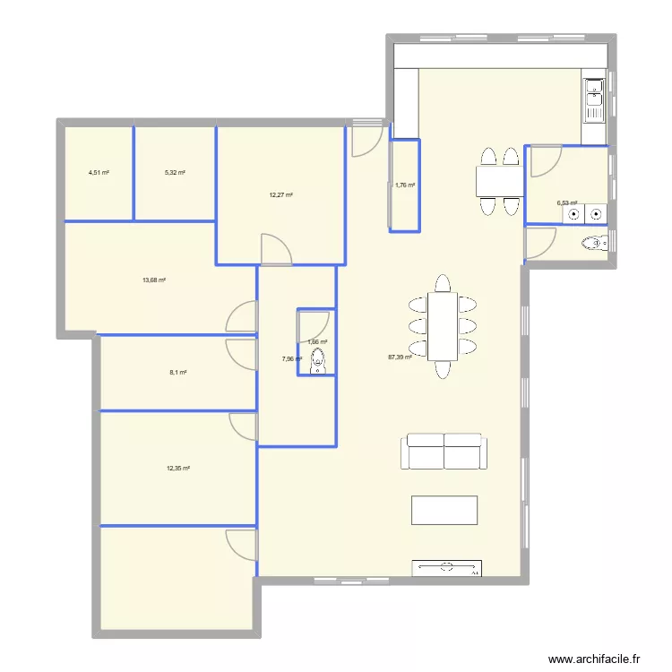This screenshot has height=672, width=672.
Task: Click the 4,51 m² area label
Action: tap(99, 173)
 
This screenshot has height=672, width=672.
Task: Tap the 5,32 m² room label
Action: tap(176, 173)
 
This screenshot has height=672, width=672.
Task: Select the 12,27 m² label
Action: tap(282, 194)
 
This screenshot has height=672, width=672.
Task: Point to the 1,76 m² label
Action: tap(405, 185)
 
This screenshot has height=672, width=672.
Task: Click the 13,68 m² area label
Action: tap(154, 280)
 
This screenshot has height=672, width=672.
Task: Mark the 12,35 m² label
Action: tap(178, 468)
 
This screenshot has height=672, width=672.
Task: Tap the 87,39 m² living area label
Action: tap(400, 357)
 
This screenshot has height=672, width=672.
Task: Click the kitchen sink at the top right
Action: tap(594, 100)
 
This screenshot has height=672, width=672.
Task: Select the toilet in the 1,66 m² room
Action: tap(317, 362)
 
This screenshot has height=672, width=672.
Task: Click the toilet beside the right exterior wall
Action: tap(593, 242)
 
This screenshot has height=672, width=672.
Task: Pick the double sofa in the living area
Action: tap(444, 452)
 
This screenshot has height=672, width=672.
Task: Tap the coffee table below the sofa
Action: tap(444, 509)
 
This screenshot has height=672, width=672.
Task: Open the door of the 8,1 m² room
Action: tap(242, 353)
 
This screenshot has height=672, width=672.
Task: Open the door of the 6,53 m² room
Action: tap(544, 161)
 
